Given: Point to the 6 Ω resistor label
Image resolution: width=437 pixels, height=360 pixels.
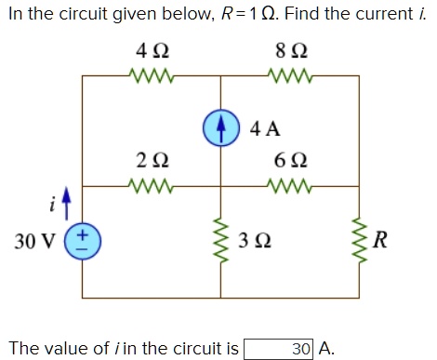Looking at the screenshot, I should pyautogui.click(x=289, y=160).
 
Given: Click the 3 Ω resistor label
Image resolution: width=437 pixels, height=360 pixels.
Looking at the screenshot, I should pyautogui.click(x=256, y=243).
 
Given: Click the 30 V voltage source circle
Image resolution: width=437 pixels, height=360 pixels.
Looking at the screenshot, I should pyautogui.click(x=82, y=242).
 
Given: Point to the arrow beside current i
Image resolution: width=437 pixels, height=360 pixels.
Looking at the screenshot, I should pyautogui.click(x=66, y=200).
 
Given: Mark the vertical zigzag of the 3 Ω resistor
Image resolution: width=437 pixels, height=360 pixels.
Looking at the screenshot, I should pyautogui.click(x=221, y=242).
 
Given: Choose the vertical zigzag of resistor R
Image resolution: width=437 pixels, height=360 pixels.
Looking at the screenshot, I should pyautogui.click(x=359, y=242).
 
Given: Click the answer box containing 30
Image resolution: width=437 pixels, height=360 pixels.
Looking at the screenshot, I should pyautogui.click(x=279, y=349).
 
